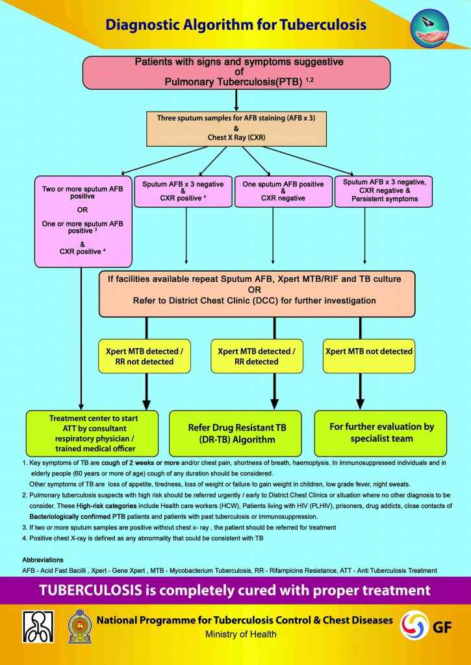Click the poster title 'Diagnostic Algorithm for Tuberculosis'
235,25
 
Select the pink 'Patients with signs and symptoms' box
236,73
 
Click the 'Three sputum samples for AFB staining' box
236,128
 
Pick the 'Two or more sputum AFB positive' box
83,221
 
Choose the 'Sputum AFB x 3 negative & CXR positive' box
183,192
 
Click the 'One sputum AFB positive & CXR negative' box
283,192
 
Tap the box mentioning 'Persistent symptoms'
383,192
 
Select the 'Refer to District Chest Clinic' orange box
257,294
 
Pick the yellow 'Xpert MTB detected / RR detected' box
257,356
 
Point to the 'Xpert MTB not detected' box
369,356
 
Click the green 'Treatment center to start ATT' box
92,433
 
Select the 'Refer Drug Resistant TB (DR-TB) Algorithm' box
235,433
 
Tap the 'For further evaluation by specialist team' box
381,433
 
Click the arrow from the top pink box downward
236,100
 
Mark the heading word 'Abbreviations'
42,560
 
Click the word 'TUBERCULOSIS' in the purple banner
88,590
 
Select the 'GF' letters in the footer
442,627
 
